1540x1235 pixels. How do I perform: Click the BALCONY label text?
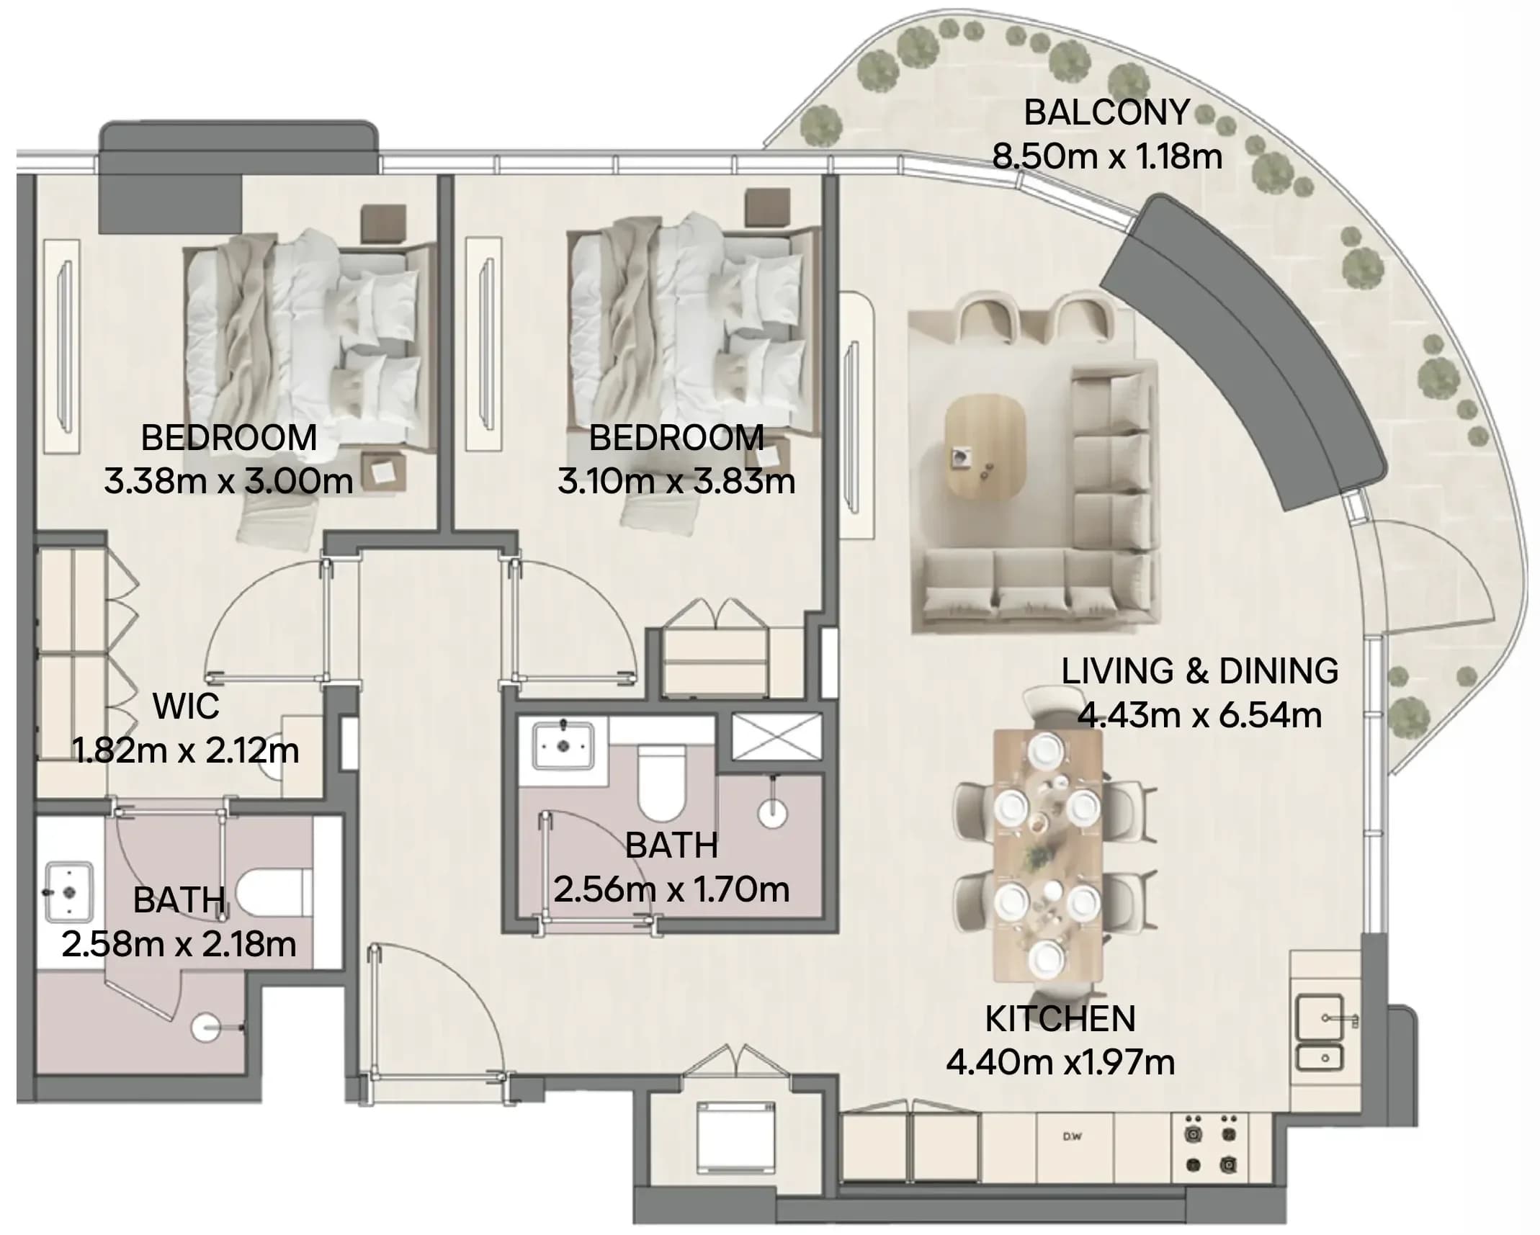(1106, 112)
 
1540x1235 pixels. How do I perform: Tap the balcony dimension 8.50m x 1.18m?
(1107, 156)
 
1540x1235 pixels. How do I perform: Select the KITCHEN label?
(1060, 1018)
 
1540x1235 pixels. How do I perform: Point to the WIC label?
(186, 706)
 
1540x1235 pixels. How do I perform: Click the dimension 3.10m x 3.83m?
(676, 481)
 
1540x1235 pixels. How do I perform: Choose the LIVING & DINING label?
(1200, 670)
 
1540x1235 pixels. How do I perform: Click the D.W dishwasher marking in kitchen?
(1073, 1137)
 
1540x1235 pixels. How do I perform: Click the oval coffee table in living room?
(985, 446)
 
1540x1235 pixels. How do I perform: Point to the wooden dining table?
(1048, 855)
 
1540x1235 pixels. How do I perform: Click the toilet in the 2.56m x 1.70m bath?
(661, 783)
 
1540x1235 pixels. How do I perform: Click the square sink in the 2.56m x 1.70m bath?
(563, 746)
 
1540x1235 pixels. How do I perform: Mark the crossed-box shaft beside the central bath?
(776, 737)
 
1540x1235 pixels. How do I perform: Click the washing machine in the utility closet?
(735, 1137)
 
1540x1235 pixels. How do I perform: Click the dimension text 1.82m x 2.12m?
(186, 750)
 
